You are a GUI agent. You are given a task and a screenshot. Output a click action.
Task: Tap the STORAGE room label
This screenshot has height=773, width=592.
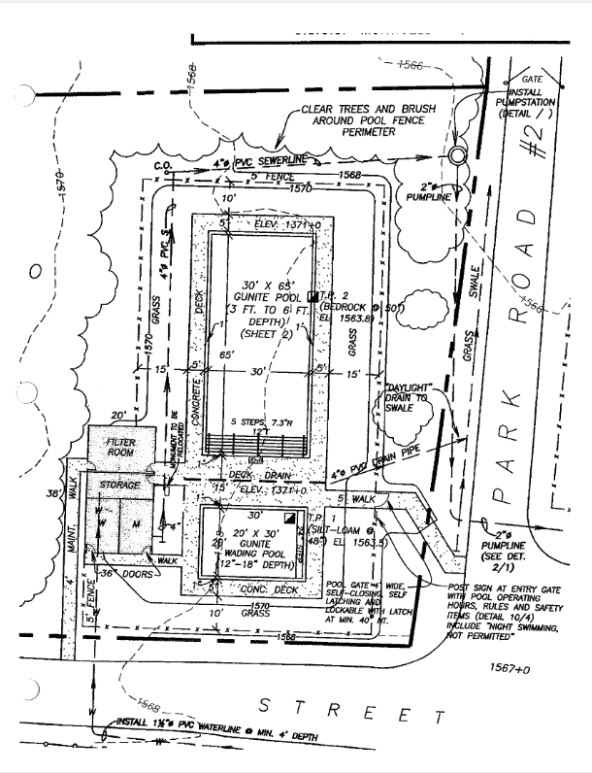[116, 484]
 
